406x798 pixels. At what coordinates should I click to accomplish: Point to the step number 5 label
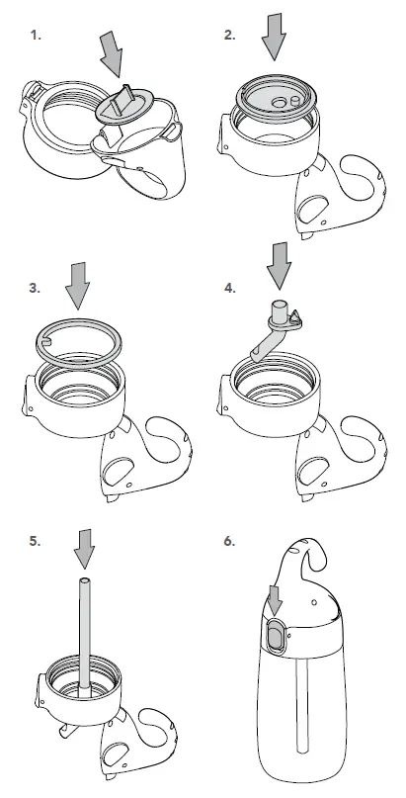36,541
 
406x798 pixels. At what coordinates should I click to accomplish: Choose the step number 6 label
229,541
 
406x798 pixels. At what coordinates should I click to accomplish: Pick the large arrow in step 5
84,545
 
